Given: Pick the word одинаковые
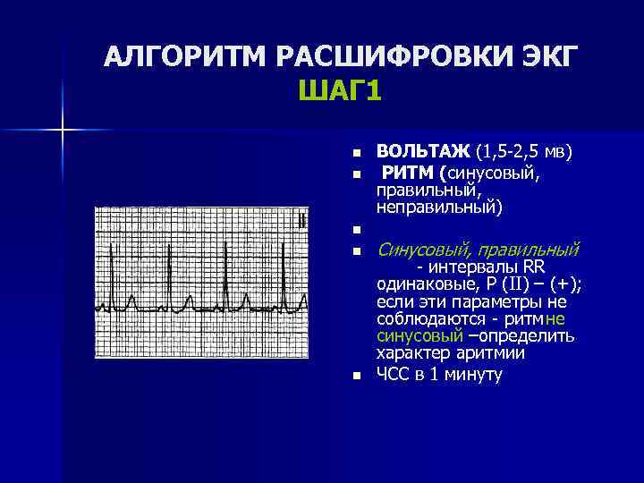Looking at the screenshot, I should [421, 284].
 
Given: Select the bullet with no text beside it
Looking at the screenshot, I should [355, 231].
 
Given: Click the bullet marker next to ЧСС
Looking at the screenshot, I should [355, 377].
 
